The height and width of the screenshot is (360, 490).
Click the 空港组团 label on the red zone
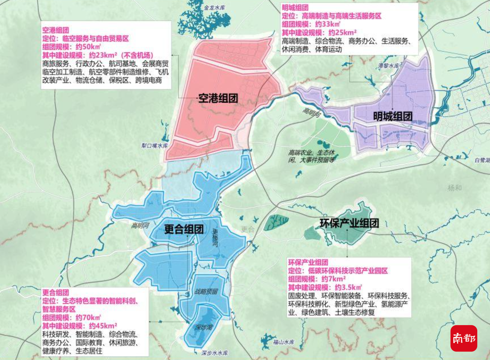tap(218, 99)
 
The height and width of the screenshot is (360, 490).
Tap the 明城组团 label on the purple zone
tap(392, 116)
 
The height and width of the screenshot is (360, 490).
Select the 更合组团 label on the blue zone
tap(184, 229)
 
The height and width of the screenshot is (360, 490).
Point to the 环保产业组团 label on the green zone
tap(349, 223)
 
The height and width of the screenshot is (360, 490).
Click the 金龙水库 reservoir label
tap(215, 7)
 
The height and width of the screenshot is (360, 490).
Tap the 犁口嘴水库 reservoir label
tap(155, 146)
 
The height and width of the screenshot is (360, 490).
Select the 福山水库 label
tap(284, 342)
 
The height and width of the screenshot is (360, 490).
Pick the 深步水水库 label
tap(215, 353)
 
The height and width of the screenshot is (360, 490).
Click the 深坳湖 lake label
tap(204, 327)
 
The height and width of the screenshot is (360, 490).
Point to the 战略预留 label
tap(206, 292)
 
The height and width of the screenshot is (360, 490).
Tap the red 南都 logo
tap(464, 338)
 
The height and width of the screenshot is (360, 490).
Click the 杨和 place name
tap(454, 188)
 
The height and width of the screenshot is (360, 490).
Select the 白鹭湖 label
tap(482, 160)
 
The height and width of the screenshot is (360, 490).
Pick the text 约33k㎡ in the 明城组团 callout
tap(328, 24)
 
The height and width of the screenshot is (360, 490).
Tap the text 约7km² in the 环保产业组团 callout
tap(334, 279)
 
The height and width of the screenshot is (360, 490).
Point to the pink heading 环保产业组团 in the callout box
tap(308, 262)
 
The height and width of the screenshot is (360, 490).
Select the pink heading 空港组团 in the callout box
tap(55, 30)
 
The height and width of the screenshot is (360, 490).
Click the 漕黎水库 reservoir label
tap(389, 66)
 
